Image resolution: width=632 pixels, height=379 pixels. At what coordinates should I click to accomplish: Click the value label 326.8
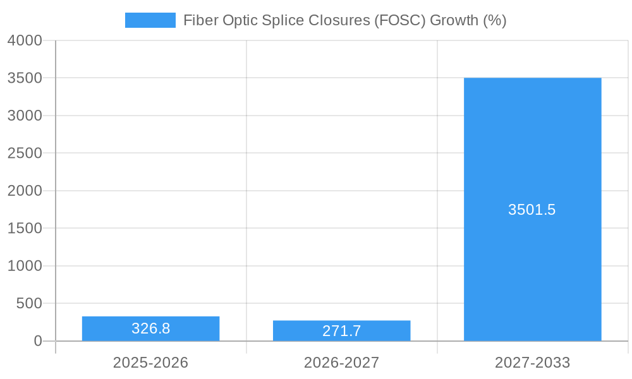[150, 328]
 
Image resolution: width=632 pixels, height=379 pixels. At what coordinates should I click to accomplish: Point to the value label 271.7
[341, 331]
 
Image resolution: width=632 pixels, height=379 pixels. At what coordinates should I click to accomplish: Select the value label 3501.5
[532, 210]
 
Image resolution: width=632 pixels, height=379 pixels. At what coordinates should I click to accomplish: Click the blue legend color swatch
[150, 20]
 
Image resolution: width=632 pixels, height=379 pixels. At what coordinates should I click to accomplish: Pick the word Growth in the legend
[454, 20]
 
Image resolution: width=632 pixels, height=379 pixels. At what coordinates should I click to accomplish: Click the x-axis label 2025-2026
[150, 363]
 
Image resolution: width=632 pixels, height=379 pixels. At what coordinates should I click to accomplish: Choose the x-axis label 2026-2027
[341, 363]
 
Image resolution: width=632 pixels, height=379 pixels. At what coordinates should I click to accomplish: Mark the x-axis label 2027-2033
[532, 363]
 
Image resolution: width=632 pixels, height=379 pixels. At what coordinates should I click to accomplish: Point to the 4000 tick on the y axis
[25, 40]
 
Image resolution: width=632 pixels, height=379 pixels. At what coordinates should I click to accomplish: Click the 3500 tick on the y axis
[25, 78]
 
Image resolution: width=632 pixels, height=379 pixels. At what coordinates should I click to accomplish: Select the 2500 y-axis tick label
[25, 153]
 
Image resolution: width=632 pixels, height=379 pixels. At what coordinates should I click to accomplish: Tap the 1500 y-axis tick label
[25, 228]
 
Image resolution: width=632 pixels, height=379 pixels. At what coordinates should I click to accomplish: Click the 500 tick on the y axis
[29, 303]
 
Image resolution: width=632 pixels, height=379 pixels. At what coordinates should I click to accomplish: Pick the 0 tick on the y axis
[38, 341]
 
